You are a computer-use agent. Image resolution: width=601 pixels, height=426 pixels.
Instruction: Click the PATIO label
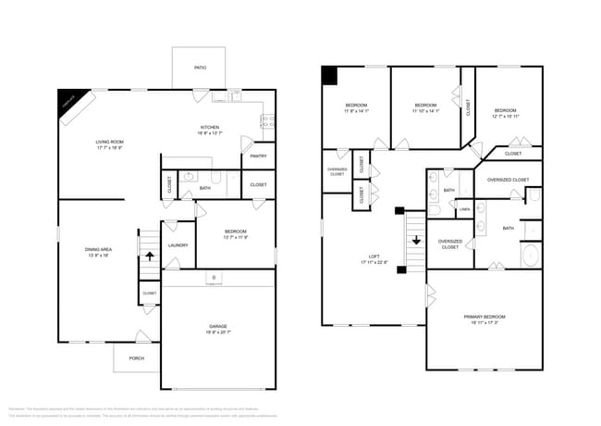[x=200, y=68]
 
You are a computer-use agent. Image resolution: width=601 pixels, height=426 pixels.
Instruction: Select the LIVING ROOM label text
[x=109, y=142]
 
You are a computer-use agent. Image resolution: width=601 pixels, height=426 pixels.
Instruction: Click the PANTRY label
[x=258, y=156]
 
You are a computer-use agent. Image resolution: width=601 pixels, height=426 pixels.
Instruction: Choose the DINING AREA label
[x=98, y=249]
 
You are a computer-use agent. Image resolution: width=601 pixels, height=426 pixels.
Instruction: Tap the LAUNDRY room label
[x=178, y=245]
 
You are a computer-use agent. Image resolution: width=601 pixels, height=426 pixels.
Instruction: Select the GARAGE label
[x=218, y=328]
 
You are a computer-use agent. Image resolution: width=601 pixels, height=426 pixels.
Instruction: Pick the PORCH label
[x=137, y=357]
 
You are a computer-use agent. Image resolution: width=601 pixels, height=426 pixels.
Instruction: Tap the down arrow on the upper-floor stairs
[x=415, y=239]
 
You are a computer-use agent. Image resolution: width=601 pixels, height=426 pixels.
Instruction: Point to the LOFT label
[x=374, y=257]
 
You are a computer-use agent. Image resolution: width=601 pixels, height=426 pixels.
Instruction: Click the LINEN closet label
[x=464, y=210]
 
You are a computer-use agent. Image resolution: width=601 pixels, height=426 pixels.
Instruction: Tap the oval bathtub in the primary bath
[x=530, y=255]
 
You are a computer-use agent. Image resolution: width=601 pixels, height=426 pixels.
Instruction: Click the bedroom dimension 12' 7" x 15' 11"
[x=506, y=117]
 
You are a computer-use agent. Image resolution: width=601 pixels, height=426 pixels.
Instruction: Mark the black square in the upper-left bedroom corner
[x=328, y=74]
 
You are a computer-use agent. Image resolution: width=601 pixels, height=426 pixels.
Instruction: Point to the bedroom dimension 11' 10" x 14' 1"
[x=425, y=111]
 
